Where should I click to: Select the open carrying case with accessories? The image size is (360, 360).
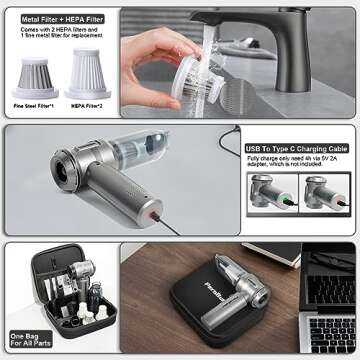point(70,295)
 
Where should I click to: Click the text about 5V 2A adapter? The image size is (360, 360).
point(296,164)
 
